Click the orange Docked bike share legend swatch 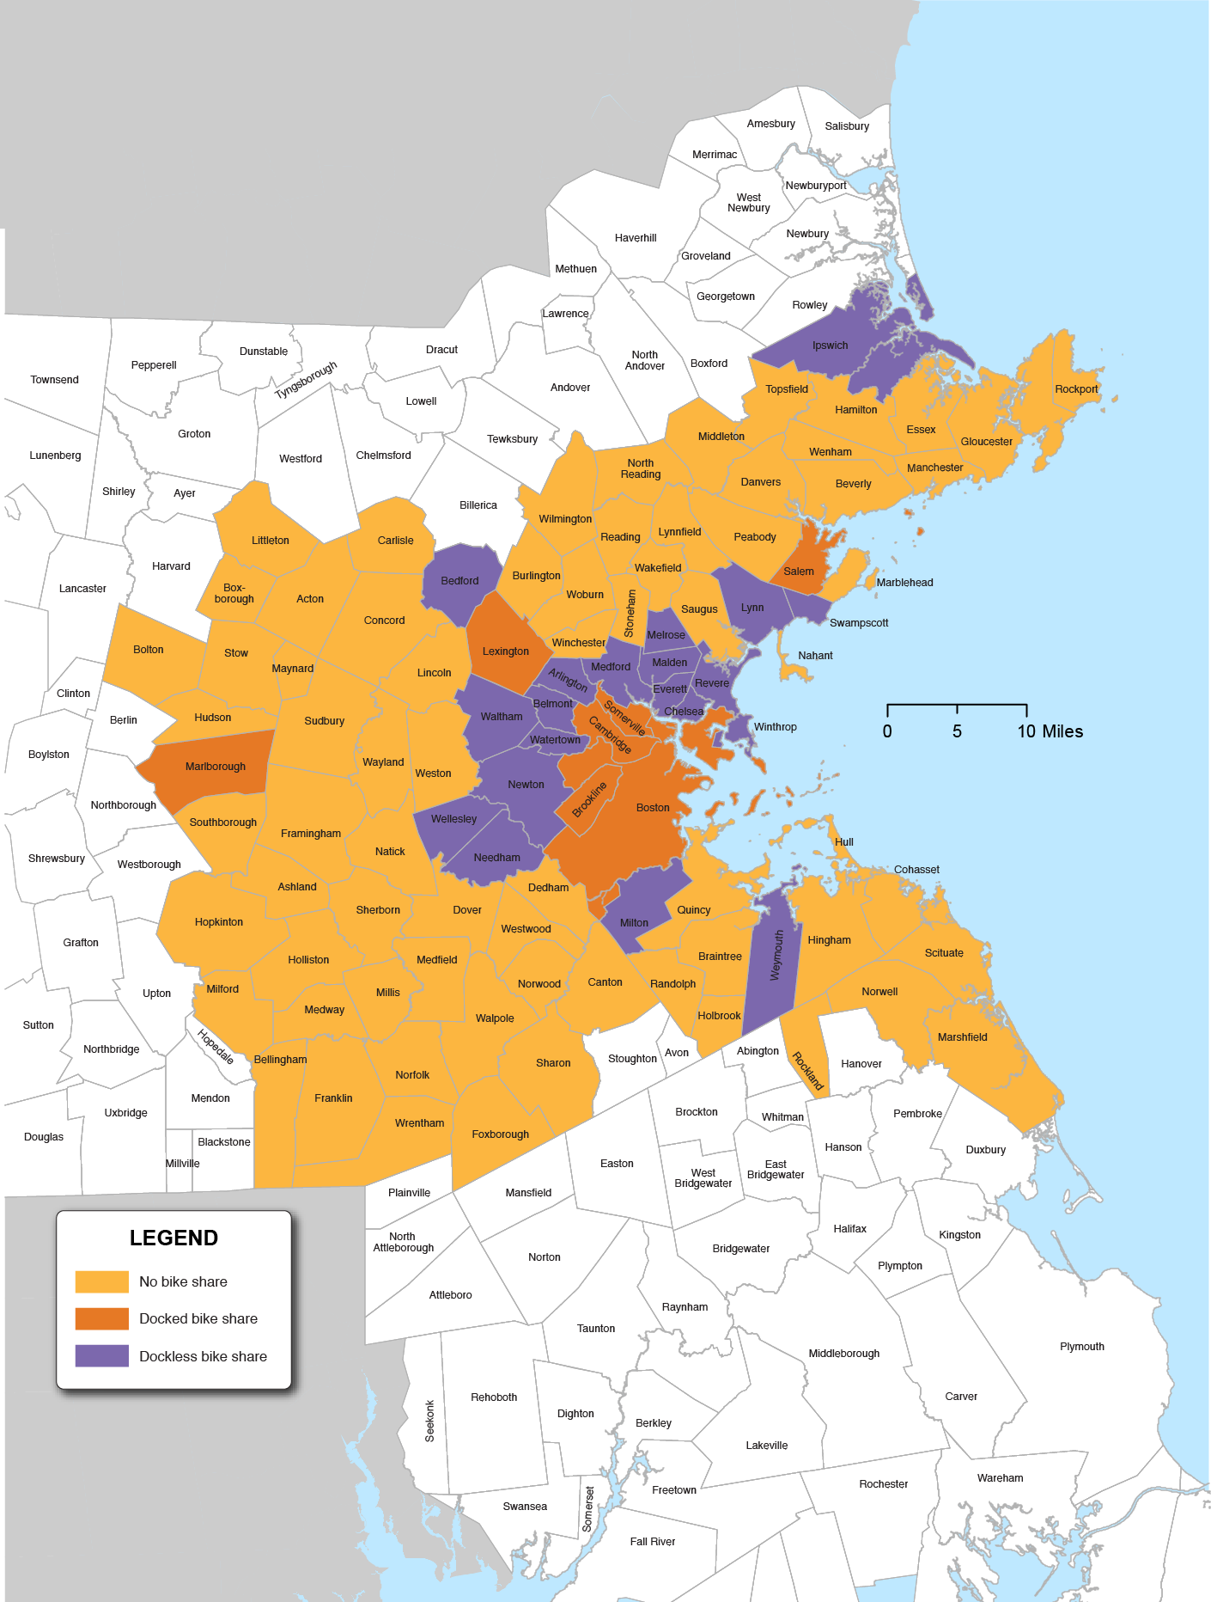click(101, 1318)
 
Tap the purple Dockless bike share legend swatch click(101, 1355)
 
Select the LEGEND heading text click(173, 1238)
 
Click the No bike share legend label click(183, 1281)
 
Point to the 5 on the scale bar click(957, 731)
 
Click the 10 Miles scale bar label click(1050, 731)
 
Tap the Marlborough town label click(216, 767)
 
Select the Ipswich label click(830, 345)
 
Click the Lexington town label click(505, 651)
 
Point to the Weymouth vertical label click(776, 955)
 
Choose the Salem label click(798, 572)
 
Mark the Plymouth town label click(1081, 1347)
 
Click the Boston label click(653, 808)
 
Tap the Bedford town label click(459, 581)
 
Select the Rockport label click(1076, 389)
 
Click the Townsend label click(54, 380)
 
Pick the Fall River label click(652, 1542)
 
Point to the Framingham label click(311, 834)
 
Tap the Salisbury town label click(847, 126)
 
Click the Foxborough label click(500, 1134)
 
